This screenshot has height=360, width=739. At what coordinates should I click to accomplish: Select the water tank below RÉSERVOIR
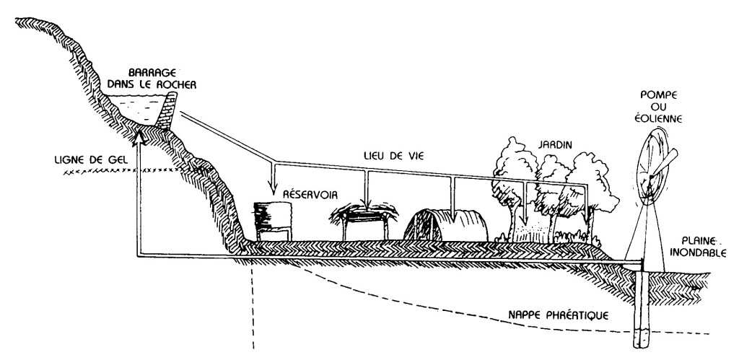point(273,221)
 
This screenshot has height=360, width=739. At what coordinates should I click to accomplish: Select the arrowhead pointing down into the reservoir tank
point(274,190)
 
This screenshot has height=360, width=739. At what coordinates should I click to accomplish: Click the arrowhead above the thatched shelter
point(366,203)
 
